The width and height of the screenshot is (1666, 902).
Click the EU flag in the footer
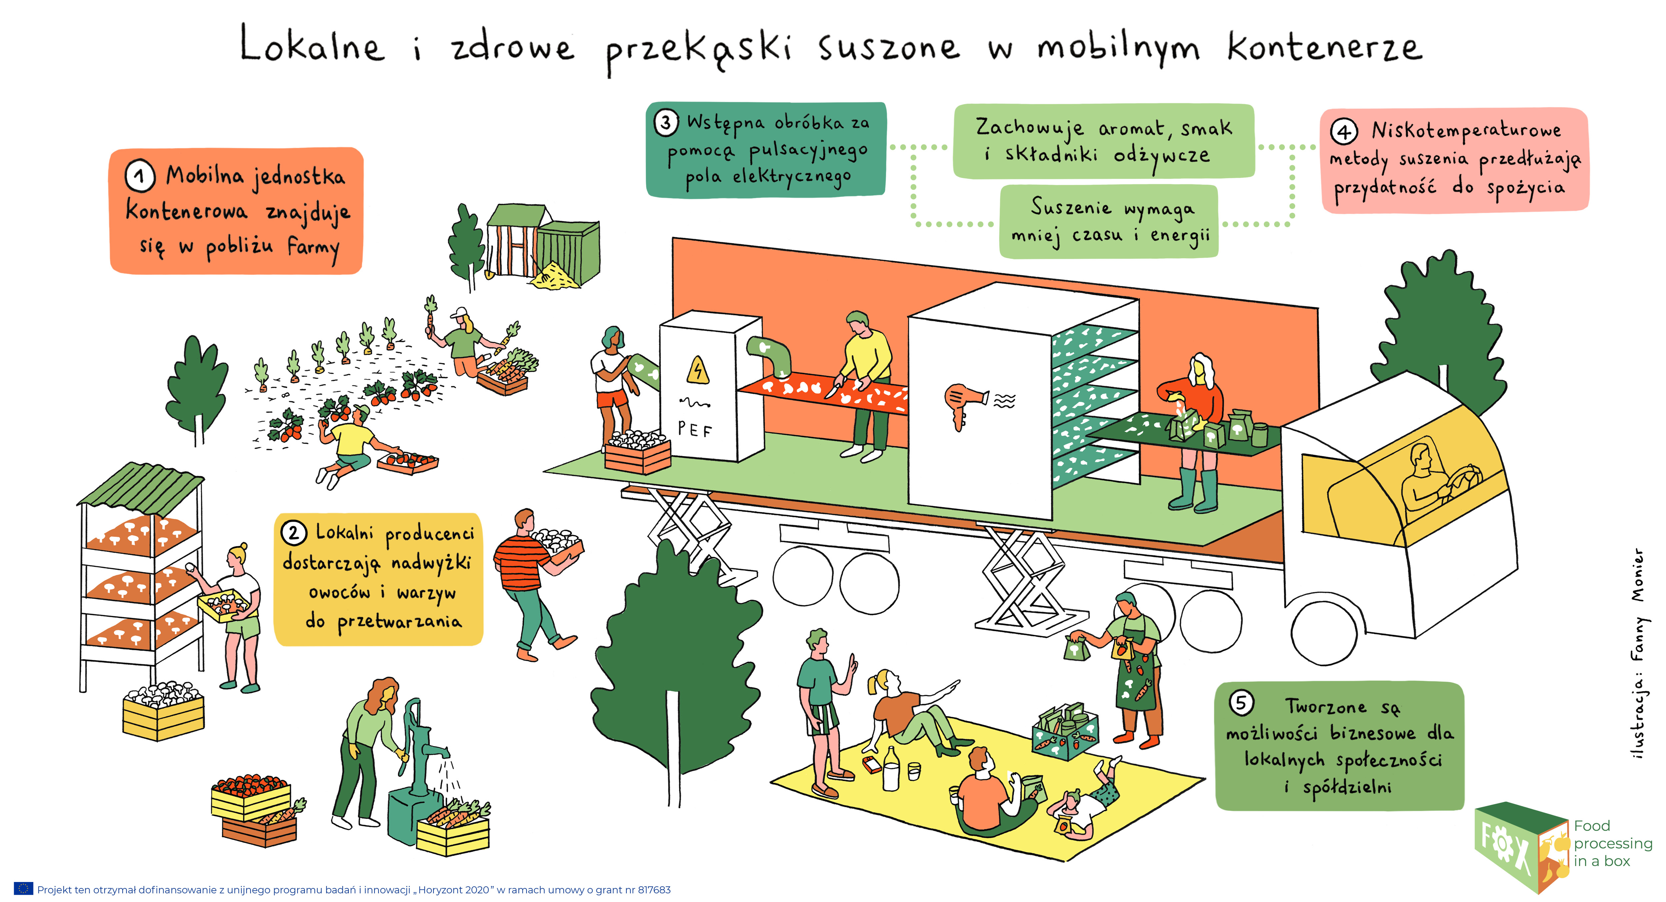23,889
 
